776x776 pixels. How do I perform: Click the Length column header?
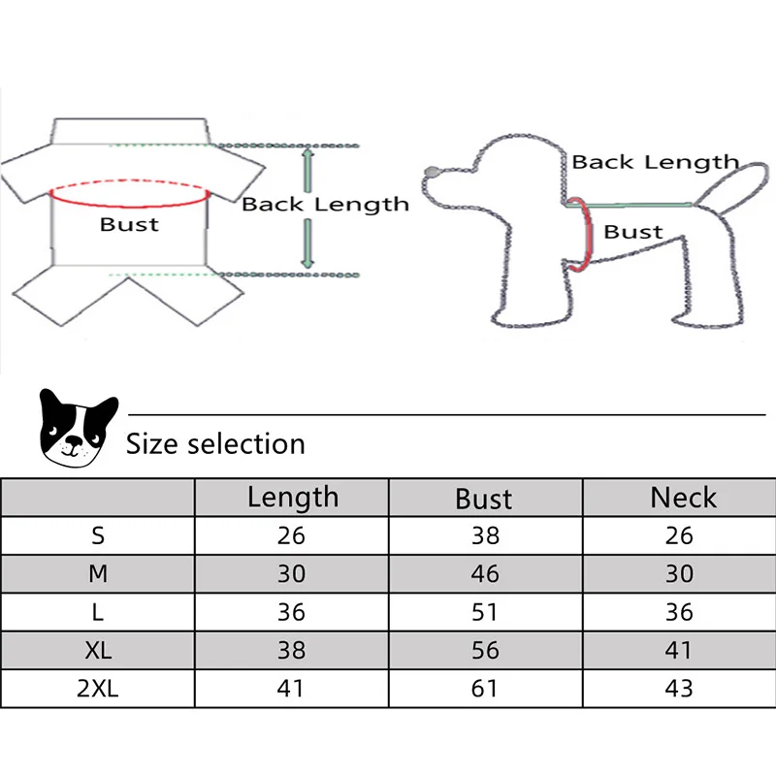click(x=292, y=498)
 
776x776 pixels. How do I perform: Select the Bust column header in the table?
click(x=484, y=499)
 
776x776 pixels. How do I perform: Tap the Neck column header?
click(x=683, y=498)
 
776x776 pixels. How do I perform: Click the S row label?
click(x=98, y=534)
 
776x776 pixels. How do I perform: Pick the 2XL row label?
click(x=98, y=688)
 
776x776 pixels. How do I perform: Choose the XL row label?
click(x=98, y=650)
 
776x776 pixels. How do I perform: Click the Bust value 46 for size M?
click(x=485, y=573)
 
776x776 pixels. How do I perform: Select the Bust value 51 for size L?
click(x=485, y=612)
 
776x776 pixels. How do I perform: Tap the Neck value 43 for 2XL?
click(x=680, y=688)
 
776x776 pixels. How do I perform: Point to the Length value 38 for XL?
click(x=291, y=650)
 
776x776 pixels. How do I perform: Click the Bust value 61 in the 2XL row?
click(x=485, y=688)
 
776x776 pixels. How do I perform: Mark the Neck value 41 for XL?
click(x=680, y=650)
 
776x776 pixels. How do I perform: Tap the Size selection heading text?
click(x=215, y=444)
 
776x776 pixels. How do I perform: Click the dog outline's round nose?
click(x=432, y=174)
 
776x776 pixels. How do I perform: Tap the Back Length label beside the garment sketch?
click(x=325, y=204)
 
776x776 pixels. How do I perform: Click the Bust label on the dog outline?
click(x=633, y=232)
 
